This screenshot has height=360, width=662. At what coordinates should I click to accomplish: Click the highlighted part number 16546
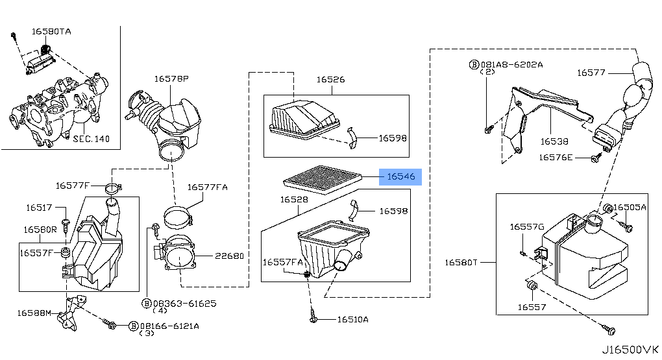coord(401,176)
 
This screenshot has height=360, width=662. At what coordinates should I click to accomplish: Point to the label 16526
coord(330,80)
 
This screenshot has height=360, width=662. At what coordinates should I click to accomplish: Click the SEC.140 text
coord(91,139)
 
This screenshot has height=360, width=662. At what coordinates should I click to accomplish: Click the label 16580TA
coord(52,31)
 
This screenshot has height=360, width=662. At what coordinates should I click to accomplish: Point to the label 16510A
coord(352,319)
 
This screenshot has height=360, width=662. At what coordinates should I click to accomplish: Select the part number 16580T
coord(461,263)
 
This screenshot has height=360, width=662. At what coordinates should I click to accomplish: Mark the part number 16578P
coord(171,78)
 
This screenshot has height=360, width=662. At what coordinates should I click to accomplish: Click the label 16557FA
coord(283,262)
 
